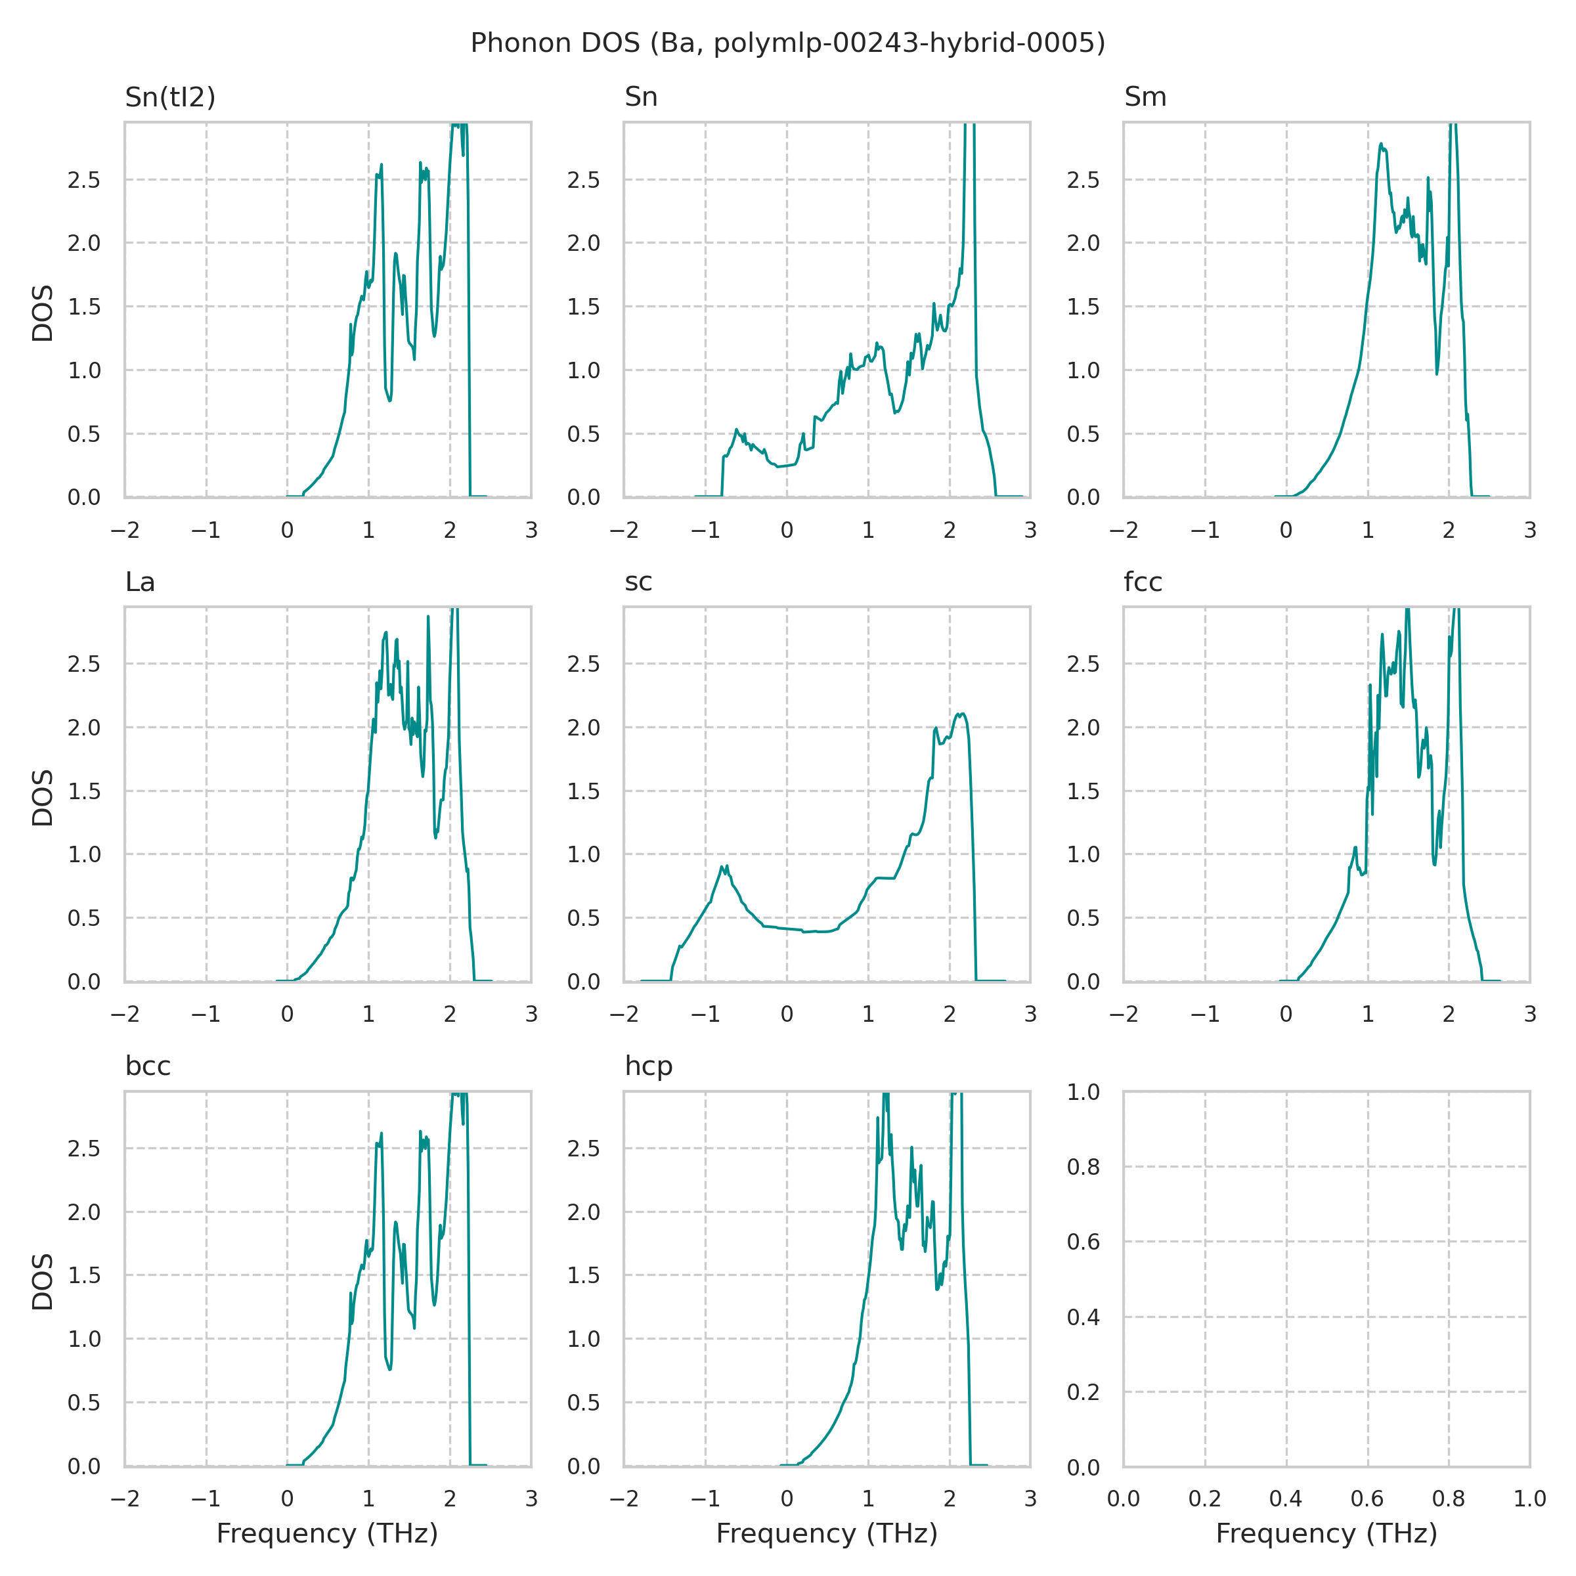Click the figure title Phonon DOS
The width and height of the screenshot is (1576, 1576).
[x=787, y=43]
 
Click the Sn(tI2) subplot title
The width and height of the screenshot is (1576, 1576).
[x=169, y=97]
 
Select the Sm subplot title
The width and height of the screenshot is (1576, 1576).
[x=1145, y=97]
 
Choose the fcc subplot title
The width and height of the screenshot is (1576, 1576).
[x=1142, y=582]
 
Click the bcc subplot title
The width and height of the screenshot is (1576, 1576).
[x=148, y=1066]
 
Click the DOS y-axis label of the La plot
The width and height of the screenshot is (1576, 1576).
[x=43, y=797]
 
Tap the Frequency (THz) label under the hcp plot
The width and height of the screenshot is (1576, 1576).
[x=826, y=1533]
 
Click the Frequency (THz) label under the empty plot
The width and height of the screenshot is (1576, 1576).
[x=1326, y=1533]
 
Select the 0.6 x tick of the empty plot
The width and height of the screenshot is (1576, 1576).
[x=1367, y=1499]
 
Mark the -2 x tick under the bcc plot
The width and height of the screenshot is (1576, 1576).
[x=124, y=1499]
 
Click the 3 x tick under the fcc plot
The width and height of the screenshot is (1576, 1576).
[x=1529, y=1014]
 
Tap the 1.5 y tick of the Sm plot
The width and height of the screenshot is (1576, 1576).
[x=1084, y=307]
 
